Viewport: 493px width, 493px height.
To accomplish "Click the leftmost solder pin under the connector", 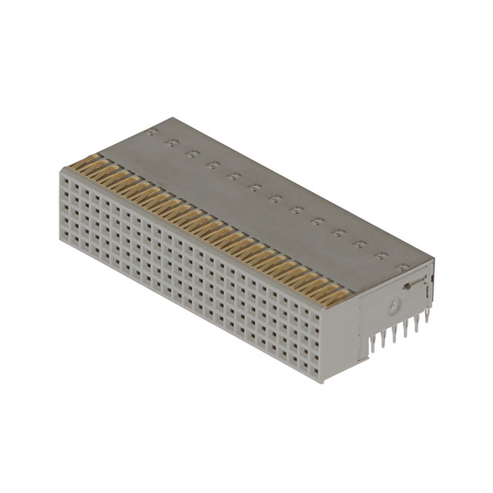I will coord(371,344).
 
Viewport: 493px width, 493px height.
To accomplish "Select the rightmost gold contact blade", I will coord(337,296).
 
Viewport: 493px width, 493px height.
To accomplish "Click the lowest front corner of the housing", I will coord(321,382).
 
